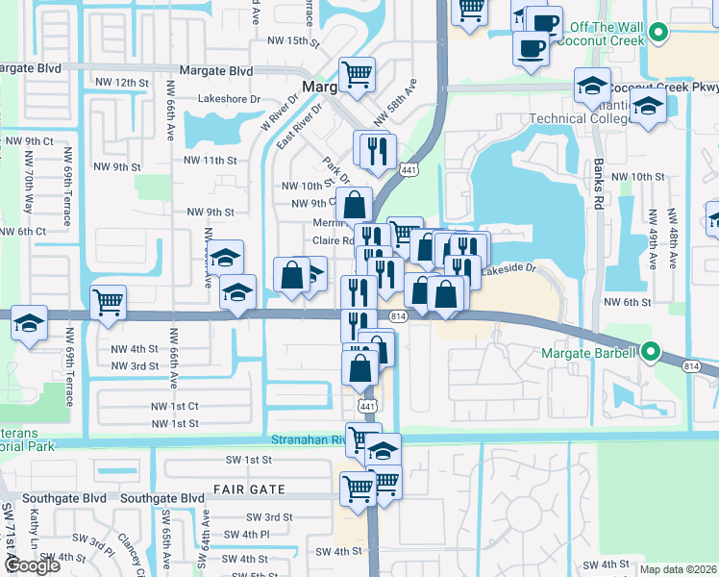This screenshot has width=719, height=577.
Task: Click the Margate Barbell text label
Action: click(587, 353)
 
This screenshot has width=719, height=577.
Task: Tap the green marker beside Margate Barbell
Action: click(649, 353)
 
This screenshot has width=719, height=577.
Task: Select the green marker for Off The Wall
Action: click(658, 33)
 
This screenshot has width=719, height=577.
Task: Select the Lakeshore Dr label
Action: click(229, 98)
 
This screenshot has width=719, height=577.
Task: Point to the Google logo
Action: click(32, 565)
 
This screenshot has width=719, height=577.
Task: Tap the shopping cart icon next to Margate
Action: click(358, 73)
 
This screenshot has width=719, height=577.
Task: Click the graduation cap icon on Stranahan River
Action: click(383, 450)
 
